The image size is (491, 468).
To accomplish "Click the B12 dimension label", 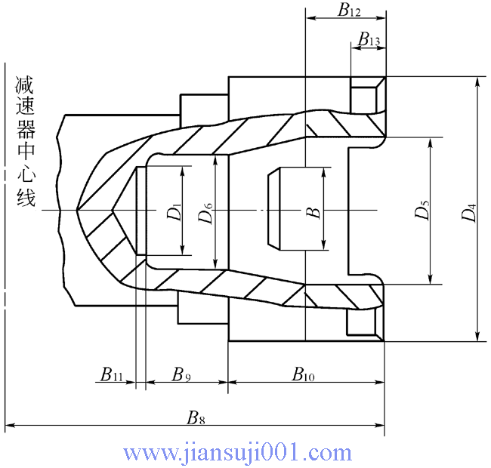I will (350, 11).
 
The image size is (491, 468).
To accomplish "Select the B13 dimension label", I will (369, 39).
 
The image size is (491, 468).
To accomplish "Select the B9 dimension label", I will (182, 374).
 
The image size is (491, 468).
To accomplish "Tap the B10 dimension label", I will (304, 374).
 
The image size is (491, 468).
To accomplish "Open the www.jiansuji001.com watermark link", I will (237, 453).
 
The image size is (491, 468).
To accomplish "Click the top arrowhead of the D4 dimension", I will (477, 82).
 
